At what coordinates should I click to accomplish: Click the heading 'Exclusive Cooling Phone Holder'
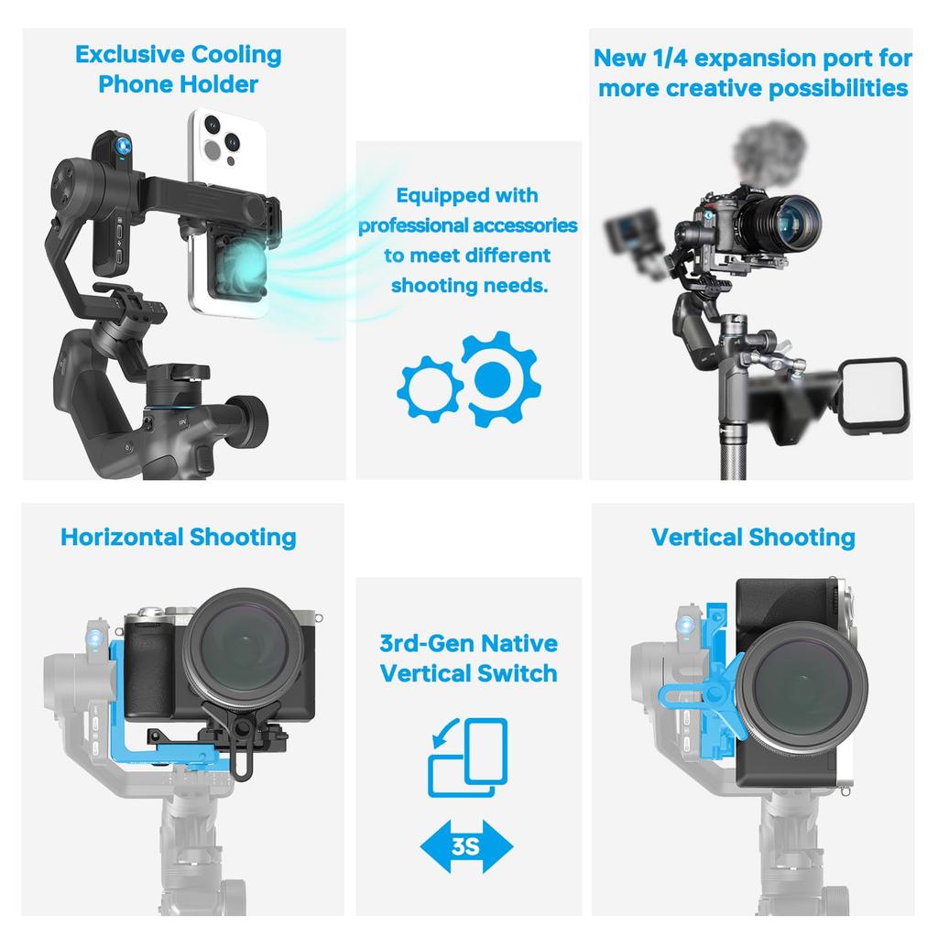click(x=179, y=70)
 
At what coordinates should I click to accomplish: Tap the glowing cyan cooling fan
click(x=242, y=262)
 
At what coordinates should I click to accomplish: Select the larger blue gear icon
click(x=501, y=378)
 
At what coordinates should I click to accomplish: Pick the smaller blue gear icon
click(x=430, y=388)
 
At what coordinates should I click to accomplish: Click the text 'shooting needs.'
click(x=469, y=286)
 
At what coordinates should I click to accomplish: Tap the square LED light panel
click(x=873, y=395)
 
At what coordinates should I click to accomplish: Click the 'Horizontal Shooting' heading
click(x=179, y=537)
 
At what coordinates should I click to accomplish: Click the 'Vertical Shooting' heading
click(x=753, y=537)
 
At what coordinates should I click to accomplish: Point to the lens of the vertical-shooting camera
click(x=801, y=687)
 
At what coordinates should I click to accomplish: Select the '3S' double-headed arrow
click(x=466, y=845)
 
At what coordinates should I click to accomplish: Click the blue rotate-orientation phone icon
click(x=468, y=758)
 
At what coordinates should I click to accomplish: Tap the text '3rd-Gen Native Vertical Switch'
click(x=468, y=659)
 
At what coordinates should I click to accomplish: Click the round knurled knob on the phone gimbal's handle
click(x=249, y=421)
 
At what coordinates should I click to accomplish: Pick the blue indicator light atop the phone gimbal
click(x=124, y=146)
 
